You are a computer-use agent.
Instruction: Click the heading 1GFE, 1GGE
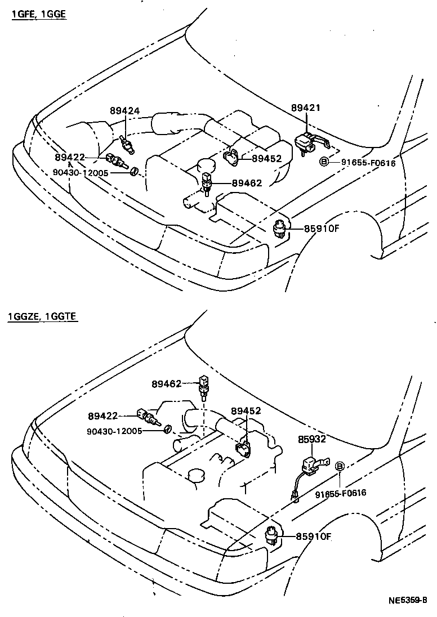click(39, 15)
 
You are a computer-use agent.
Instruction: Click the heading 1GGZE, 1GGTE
click(42, 317)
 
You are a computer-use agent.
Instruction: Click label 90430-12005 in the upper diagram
click(81, 172)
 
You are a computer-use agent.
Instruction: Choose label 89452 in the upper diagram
click(266, 159)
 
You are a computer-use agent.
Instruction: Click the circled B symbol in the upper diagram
click(324, 162)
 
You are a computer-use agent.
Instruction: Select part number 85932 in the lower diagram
click(312, 439)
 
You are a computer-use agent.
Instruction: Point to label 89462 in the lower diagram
click(166, 384)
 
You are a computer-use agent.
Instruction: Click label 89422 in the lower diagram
click(102, 416)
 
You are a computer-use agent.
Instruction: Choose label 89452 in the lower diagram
click(246, 411)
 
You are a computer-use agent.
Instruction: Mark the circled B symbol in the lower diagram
click(340, 466)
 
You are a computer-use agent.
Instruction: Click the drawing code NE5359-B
click(407, 601)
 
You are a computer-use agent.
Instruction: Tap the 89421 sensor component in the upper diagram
click(308, 141)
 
